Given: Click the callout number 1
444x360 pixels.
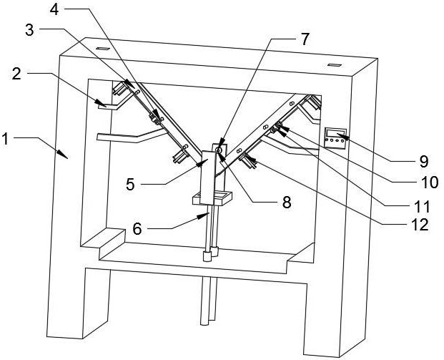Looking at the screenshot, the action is [x=5, y=139].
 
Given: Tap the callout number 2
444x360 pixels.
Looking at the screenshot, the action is [x=16, y=74].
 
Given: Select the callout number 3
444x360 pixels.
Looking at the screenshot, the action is [x=29, y=30].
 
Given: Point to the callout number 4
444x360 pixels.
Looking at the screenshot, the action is [x=54, y=9].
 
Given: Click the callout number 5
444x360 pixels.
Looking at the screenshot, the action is [x=131, y=185].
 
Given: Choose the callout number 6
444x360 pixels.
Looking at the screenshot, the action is [x=137, y=229].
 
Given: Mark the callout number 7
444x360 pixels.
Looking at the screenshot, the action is [x=305, y=39].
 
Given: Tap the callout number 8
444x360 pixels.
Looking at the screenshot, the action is [x=287, y=203].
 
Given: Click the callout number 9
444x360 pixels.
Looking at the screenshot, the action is [x=424, y=162].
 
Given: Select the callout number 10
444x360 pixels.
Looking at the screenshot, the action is [x=430, y=183].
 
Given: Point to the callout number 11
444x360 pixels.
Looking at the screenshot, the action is [x=422, y=206].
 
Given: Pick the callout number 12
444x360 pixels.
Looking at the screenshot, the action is [x=420, y=225].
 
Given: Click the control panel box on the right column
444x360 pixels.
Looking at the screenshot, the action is [x=335, y=138].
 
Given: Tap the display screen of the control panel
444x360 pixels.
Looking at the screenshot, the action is [x=336, y=132].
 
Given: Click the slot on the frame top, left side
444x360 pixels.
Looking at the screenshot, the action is [x=102, y=49].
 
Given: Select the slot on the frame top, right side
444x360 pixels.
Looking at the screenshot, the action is [x=335, y=65].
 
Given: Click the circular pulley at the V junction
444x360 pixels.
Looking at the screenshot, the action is [x=219, y=150].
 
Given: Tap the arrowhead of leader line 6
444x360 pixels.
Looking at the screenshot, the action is [x=203, y=216].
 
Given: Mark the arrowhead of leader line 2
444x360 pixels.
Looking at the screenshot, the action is [x=101, y=103].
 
